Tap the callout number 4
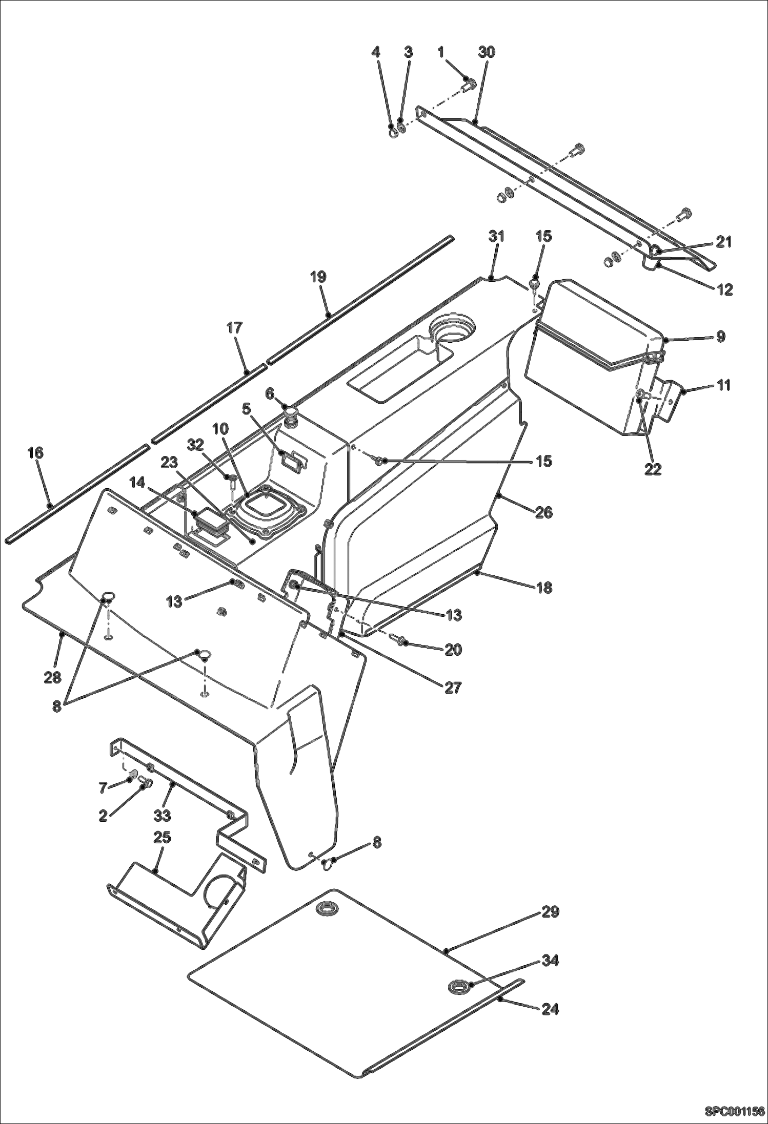376,52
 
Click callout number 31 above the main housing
496,236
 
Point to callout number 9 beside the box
720,337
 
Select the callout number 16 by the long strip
36,453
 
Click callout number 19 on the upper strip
318,277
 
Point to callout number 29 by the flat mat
550,912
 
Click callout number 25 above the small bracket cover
162,838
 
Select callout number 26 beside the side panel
543,512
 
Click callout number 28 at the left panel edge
53,677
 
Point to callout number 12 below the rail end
723,289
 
